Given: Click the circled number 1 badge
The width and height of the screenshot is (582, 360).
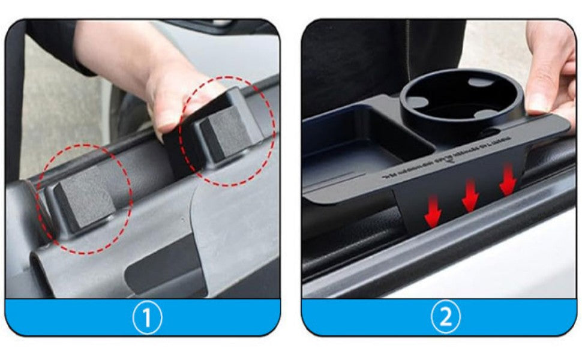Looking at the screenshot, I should [146, 317].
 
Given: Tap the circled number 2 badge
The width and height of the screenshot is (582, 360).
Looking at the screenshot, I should [445, 317].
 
